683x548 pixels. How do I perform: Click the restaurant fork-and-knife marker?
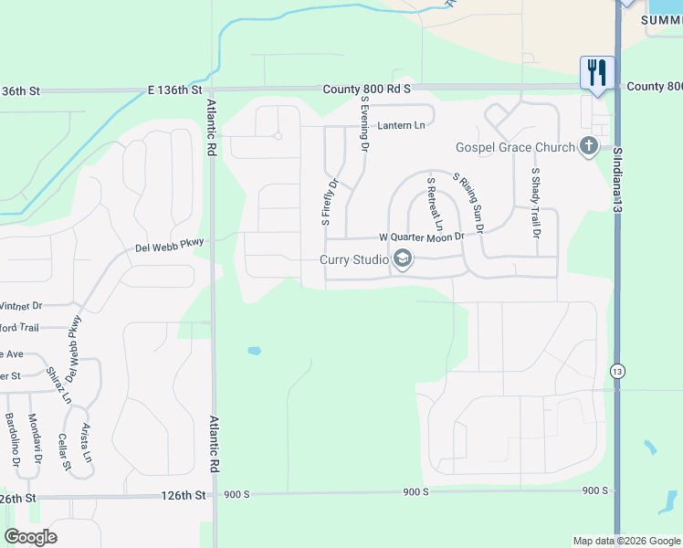coord(597,72)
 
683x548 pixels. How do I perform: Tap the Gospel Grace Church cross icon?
coord(589,146)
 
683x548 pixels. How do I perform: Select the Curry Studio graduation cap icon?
coord(402,260)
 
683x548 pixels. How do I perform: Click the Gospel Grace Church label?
coord(516,148)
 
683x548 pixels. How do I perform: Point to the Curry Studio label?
coord(354,260)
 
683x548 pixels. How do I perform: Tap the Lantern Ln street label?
coord(402,125)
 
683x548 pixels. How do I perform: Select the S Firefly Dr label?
coord(329,202)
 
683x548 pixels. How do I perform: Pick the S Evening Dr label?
coord(364,124)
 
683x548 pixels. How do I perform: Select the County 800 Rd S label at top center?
coord(367,90)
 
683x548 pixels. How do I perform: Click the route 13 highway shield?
coord(618,372)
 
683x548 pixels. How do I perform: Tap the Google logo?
coord(30,537)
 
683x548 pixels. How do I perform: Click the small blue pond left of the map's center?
coord(253,351)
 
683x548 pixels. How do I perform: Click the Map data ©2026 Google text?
coord(625,541)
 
